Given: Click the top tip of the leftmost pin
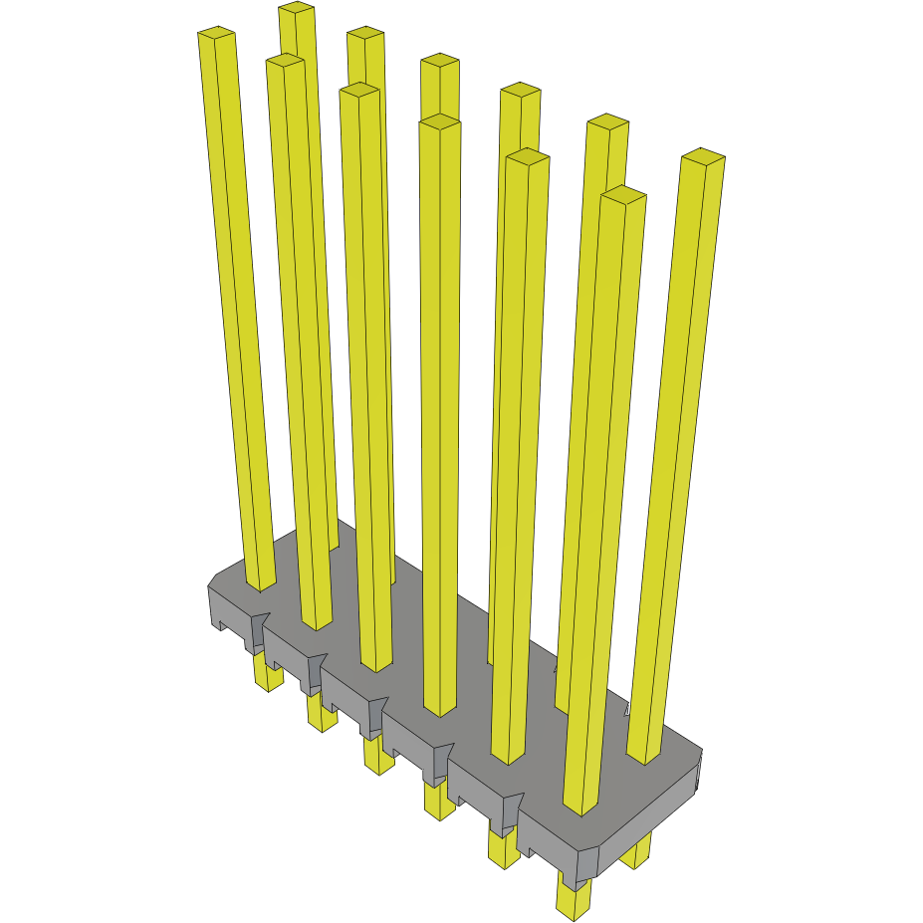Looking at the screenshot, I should tap(216, 34).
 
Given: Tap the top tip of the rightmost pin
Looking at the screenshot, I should tap(702, 157).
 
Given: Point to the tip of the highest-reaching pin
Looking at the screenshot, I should tap(297, 9).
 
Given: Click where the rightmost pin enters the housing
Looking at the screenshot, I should tap(644, 752).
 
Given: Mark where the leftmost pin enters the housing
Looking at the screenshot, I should tap(261, 581).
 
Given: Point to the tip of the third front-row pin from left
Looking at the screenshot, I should tap(359, 91).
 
